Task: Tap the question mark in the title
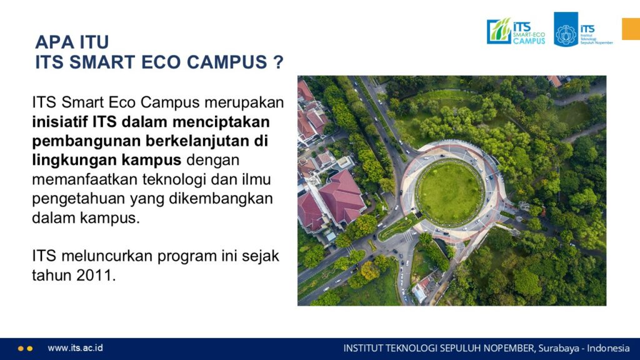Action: (x=278, y=62)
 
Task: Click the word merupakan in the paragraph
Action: (x=244, y=102)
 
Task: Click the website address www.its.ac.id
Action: (x=75, y=347)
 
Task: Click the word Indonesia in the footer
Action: (x=608, y=348)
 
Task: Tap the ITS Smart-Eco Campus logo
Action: (x=516, y=31)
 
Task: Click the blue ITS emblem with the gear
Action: (x=566, y=29)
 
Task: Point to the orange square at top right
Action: (x=631, y=29)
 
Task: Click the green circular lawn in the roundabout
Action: (x=450, y=192)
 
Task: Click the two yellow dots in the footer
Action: (x=25, y=349)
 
